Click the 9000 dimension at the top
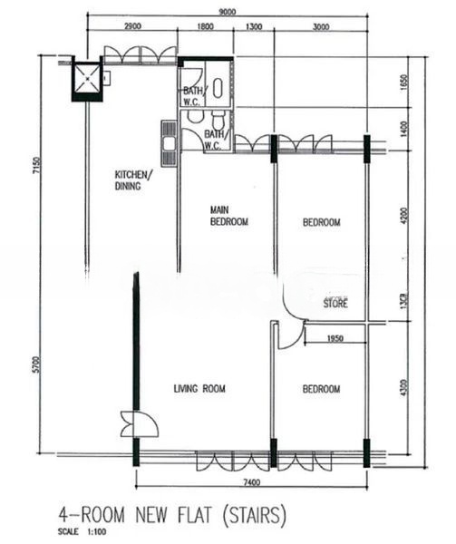point(227,12)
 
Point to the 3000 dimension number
point(320,26)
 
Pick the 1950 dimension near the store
point(335,338)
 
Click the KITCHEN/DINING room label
point(133,180)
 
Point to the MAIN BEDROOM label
point(228,216)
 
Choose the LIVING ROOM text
point(199,389)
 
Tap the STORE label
point(335,305)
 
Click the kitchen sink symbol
point(169,136)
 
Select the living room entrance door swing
point(139,423)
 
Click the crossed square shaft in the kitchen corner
point(87,79)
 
